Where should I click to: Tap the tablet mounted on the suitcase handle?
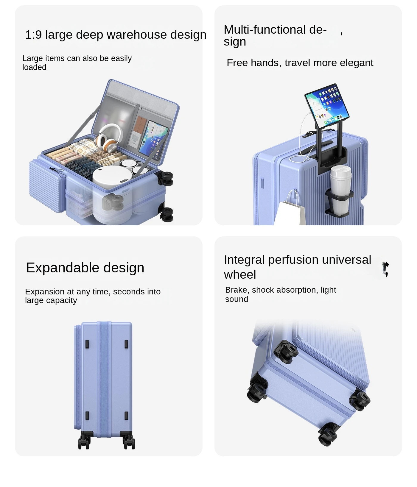pos(327,106)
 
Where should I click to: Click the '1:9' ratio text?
pos(33,35)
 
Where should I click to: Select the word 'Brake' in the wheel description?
pos(236,290)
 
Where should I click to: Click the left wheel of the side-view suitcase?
pos(84,441)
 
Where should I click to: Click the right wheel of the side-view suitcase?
pos(129,441)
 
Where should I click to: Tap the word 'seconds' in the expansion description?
pos(127,292)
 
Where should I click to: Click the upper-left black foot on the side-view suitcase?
pos(87,344)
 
